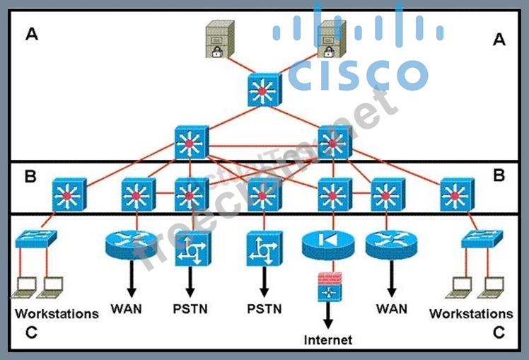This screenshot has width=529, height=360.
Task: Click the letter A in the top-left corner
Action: (31, 34)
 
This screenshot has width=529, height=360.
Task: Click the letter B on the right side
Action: (499, 175)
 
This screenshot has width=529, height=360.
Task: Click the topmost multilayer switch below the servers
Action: (264, 91)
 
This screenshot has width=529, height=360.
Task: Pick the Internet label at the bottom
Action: (328, 340)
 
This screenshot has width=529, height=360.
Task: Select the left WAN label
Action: (127, 309)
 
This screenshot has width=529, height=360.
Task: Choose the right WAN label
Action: (392, 308)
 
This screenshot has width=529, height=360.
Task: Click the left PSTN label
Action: (190, 309)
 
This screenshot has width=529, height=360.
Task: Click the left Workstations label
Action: (57, 313)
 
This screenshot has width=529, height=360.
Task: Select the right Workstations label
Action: (471, 313)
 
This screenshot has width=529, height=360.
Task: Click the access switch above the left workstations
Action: (37, 239)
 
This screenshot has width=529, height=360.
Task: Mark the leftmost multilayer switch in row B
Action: (69, 194)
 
